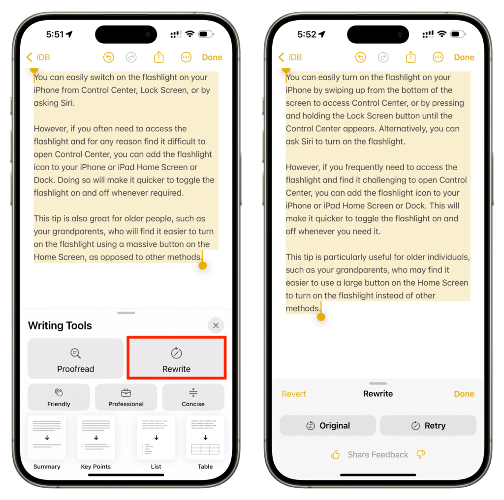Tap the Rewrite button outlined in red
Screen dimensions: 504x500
point(177,358)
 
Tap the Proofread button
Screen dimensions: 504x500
point(75,358)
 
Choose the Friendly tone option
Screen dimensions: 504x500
point(59,397)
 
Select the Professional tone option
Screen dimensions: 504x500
point(126,397)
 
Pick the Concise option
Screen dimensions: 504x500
point(193,397)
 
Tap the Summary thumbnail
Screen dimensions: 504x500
point(47,438)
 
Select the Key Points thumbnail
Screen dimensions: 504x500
point(96,438)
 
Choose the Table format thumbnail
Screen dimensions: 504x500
point(205,438)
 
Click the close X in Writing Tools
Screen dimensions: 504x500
point(216,325)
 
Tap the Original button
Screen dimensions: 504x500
point(328,425)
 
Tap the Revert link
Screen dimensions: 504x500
point(294,394)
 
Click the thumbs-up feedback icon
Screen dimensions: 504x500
point(335,454)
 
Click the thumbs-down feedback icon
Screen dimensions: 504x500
point(420,454)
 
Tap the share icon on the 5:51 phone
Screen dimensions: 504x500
point(159,57)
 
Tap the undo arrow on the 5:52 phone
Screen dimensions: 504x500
point(361,58)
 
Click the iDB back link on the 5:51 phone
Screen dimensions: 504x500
point(38,57)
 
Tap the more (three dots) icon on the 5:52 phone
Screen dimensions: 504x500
point(438,58)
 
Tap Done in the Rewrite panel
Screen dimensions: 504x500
point(464,394)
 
